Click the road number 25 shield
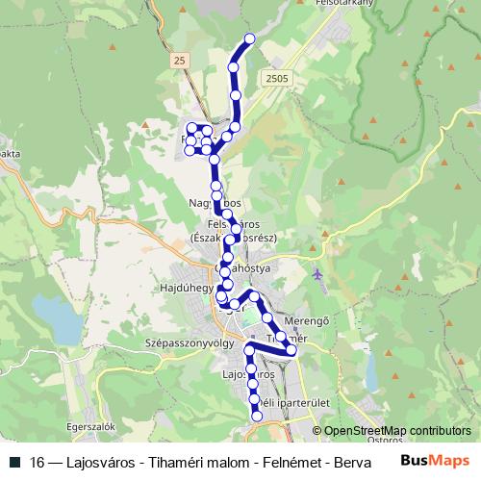179,61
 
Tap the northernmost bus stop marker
250,38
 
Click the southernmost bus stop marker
257,416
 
